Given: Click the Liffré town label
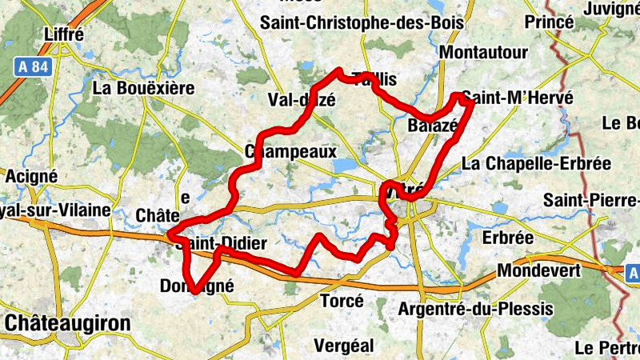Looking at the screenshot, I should [66, 35].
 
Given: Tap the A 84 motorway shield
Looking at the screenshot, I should [33, 68].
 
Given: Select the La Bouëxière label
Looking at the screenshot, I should [144, 87].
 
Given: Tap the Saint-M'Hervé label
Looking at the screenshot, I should [518, 98].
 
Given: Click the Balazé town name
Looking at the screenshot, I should [432, 126].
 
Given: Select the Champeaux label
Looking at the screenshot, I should [291, 151].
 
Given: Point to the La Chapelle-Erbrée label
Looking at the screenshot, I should [536, 164].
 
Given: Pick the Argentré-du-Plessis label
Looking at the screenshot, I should [475, 309].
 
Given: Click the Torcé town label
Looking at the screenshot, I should [342, 302].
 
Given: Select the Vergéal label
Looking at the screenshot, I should [345, 345].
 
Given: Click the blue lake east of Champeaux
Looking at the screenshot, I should [345, 165].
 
